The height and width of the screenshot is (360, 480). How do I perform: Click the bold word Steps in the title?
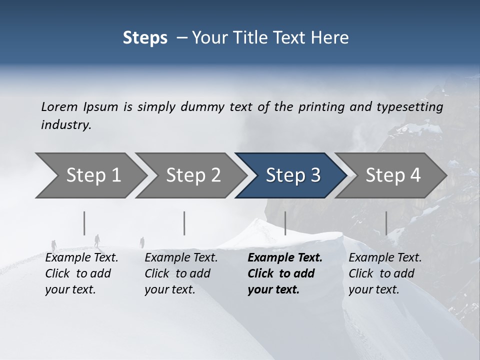pos(145,38)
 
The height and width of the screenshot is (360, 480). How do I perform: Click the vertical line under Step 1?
pos(84,223)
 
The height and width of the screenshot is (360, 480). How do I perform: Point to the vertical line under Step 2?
pos(184,223)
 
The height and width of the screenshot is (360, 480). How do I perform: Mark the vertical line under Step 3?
pos(285,223)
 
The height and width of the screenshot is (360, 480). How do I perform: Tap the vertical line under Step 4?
pos(386,223)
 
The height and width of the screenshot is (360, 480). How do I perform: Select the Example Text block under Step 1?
pos(81,273)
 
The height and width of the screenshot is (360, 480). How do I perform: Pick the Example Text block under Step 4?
pos(385,273)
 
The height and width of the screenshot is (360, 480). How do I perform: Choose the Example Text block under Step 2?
pos(181,273)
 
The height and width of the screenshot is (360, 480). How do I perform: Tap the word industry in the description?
pos(66,125)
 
